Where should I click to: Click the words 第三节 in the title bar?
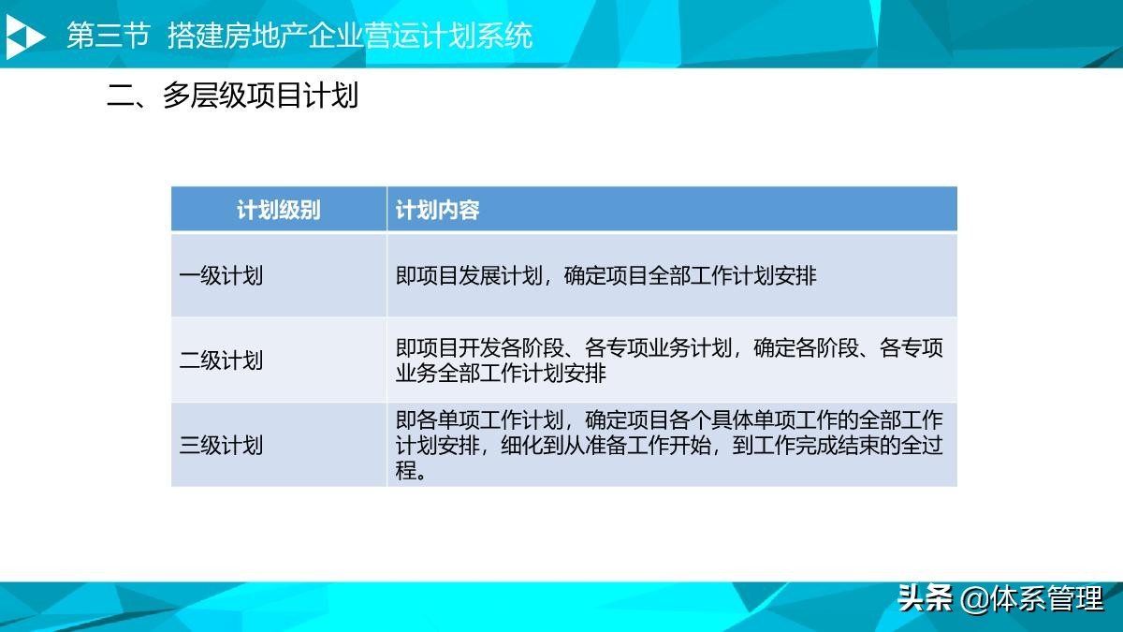coord(109,36)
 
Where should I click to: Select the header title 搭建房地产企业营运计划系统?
coord(350,36)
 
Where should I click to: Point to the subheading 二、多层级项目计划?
coord(233,96)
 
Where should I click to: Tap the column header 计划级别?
coord(278,210)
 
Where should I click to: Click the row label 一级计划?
coord(221,276)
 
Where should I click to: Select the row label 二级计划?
coord(221,360)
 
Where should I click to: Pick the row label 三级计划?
coord(221,445)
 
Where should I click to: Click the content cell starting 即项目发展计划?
coord(605,276)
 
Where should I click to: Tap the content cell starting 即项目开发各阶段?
coord(669,360)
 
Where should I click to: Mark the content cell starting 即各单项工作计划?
coord(669,445)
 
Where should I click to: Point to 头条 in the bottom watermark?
coord(925,598)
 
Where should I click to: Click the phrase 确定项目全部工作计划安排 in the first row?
coord(691,276)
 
